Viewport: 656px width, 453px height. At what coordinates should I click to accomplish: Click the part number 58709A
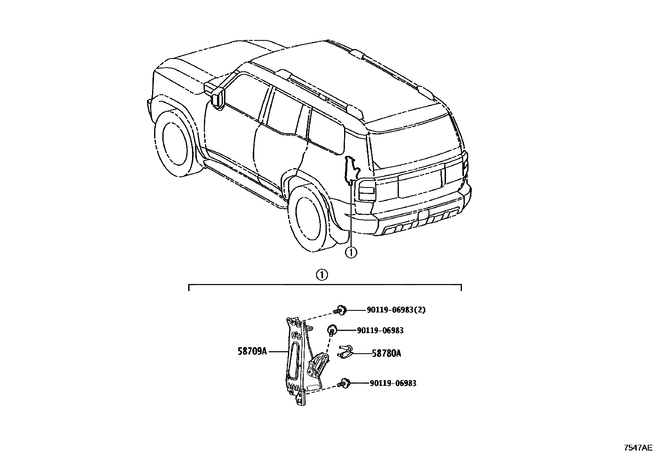coord(252,351)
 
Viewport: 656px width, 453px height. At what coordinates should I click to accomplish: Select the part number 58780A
coord(386,353)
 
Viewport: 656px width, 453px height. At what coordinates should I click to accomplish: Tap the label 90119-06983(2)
coord(396,310)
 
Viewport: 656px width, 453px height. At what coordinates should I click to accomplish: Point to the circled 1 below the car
coord(351,252)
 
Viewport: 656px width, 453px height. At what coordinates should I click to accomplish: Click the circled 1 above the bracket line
coord(321,275)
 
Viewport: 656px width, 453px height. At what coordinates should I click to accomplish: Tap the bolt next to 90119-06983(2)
coord(341,310)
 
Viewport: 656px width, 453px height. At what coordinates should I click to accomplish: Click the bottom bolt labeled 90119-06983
coord(344,383)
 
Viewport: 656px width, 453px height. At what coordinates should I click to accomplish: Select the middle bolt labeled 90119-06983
coord(332,330)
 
